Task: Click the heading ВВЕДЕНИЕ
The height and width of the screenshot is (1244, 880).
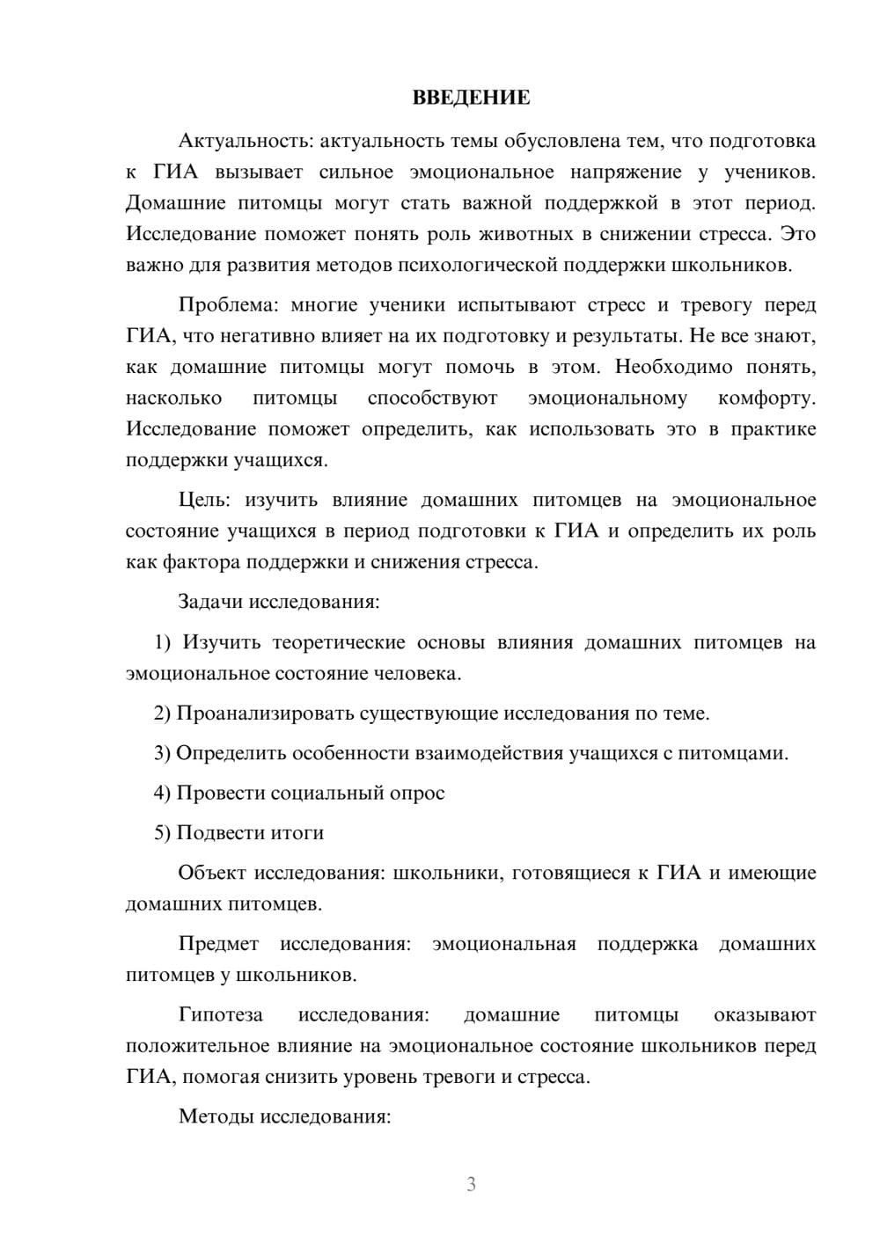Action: [x=471, y=98]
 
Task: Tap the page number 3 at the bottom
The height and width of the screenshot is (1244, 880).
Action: [x=471, y=1184]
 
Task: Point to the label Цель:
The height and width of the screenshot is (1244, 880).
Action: [x=205, y=500]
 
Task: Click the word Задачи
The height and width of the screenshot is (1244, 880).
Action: [x=211, y=602]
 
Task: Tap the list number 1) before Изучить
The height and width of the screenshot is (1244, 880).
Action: [x=163, y=642]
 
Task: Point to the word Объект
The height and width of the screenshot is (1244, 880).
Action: [x=212, y=873]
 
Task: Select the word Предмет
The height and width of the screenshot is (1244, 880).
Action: [x=218, y=944]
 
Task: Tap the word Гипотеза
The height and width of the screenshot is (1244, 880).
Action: [x=221, y=1014]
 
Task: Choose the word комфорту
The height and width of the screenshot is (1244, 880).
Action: [x=766, y=399]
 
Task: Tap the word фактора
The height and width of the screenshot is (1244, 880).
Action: [x=203, y=562]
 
